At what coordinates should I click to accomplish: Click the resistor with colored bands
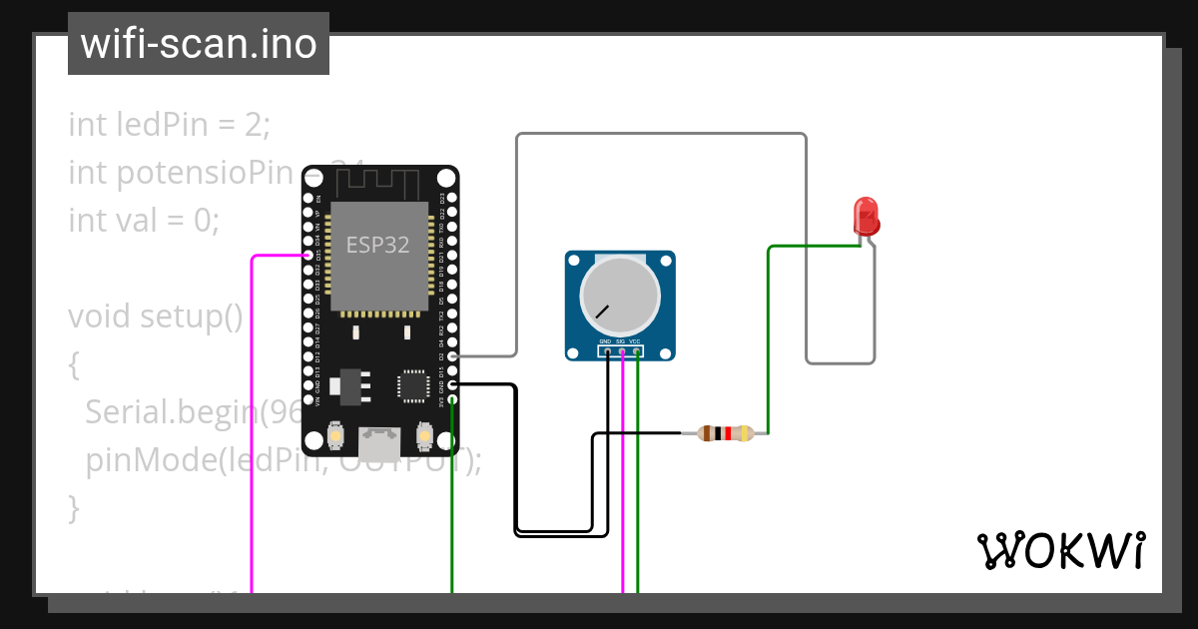[726, 433]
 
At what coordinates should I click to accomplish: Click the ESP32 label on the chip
[378, 245]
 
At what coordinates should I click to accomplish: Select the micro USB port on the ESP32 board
[379, 438]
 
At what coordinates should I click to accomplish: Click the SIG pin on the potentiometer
[622, 350]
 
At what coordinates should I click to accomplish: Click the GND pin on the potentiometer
[606, 350]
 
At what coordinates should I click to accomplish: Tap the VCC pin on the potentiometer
[637, 350]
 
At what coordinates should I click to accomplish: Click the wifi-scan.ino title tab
[199, 44]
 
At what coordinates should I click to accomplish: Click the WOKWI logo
[1060, 550]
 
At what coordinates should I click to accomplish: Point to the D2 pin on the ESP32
[452, 355]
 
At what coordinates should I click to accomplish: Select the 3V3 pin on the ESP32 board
[452, 399]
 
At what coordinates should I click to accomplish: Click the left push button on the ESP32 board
[336, 436]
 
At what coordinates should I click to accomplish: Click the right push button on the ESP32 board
[423, 436]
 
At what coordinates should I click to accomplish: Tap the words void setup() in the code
[156, 316]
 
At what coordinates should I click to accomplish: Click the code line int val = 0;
[144, 220]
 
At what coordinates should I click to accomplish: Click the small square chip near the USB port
[412, 385]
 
